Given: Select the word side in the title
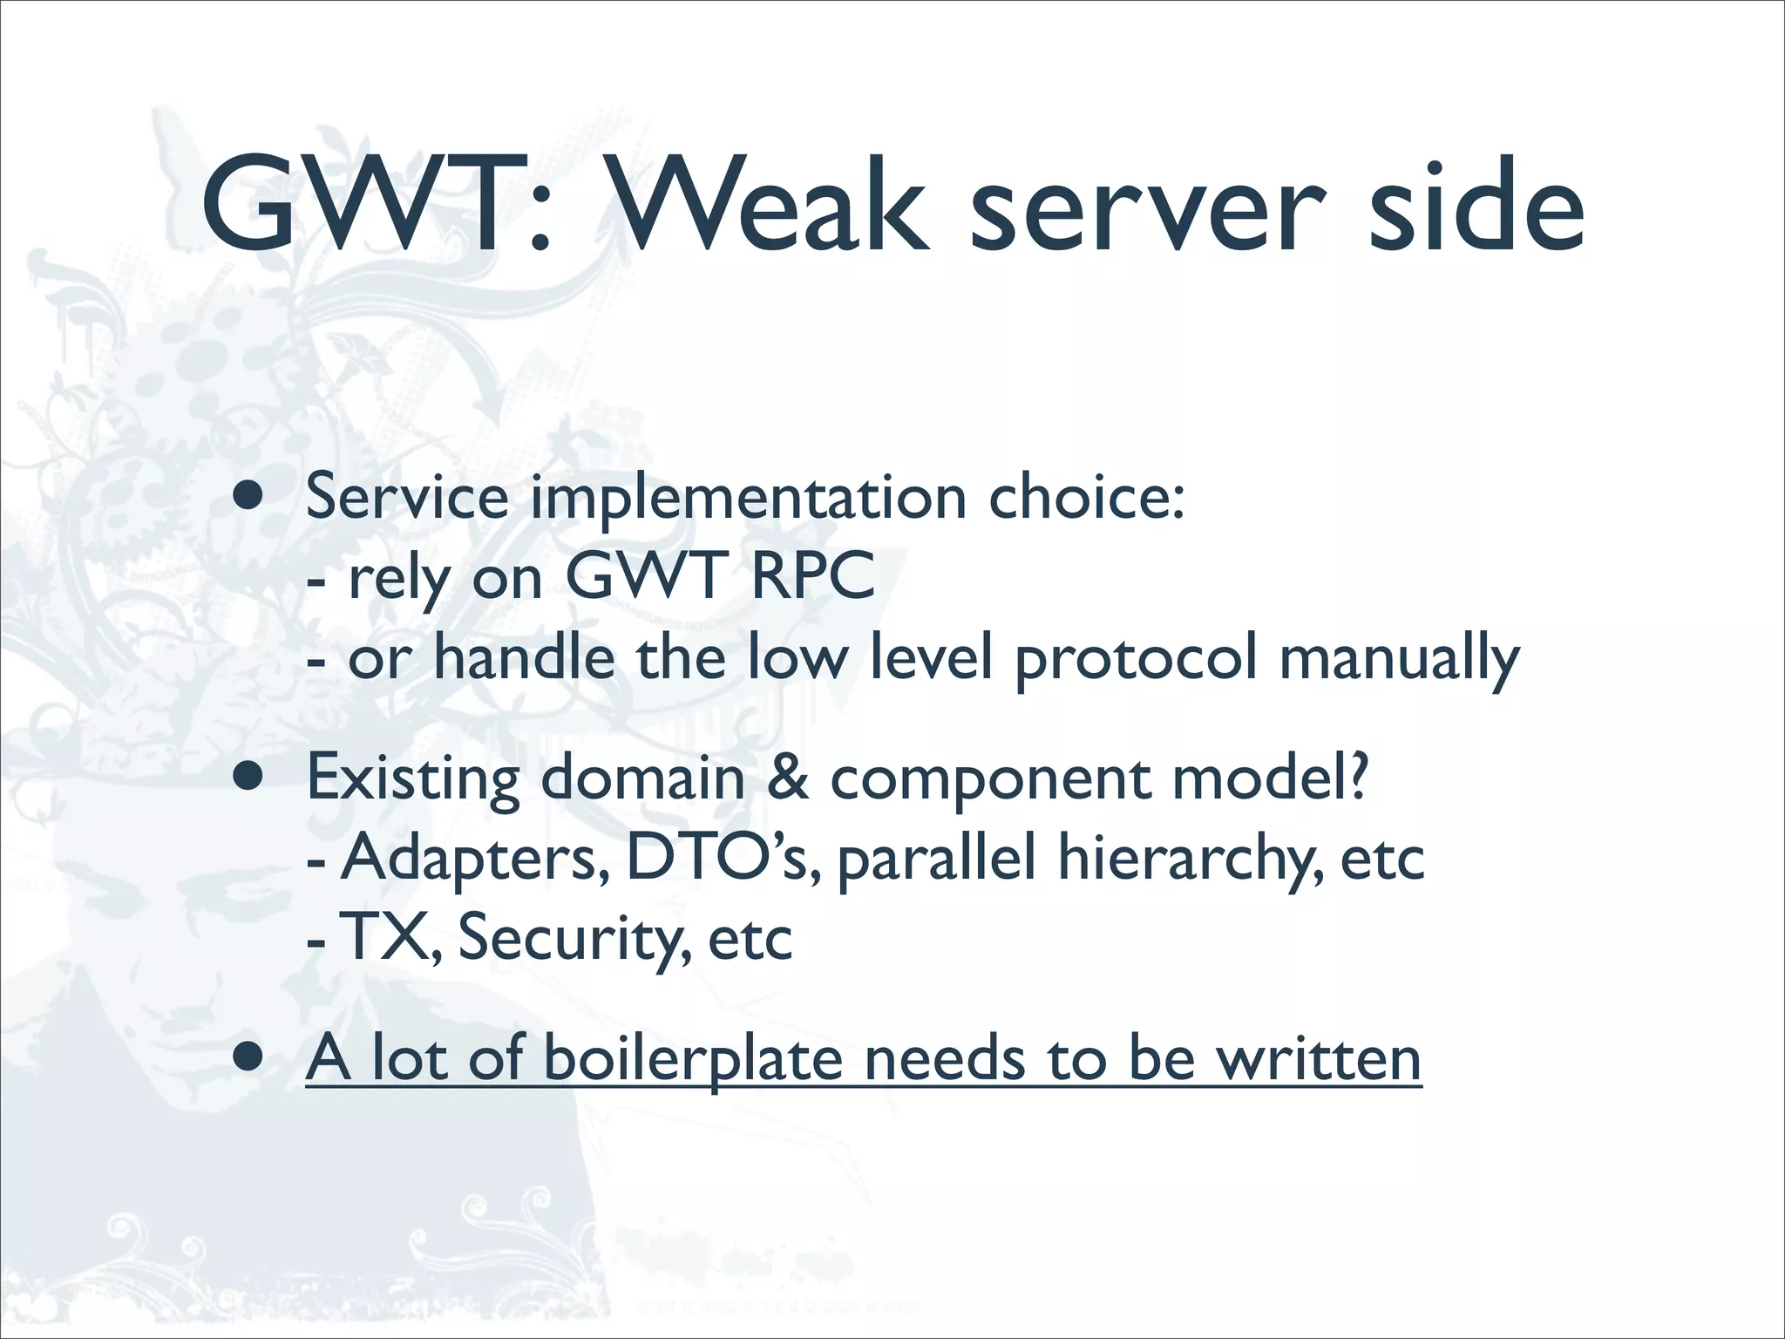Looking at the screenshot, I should (1475, 207).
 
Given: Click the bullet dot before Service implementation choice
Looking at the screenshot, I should (249, 498).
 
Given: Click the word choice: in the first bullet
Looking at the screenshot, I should (1086, 498).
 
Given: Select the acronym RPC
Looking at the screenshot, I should (812, 576).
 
